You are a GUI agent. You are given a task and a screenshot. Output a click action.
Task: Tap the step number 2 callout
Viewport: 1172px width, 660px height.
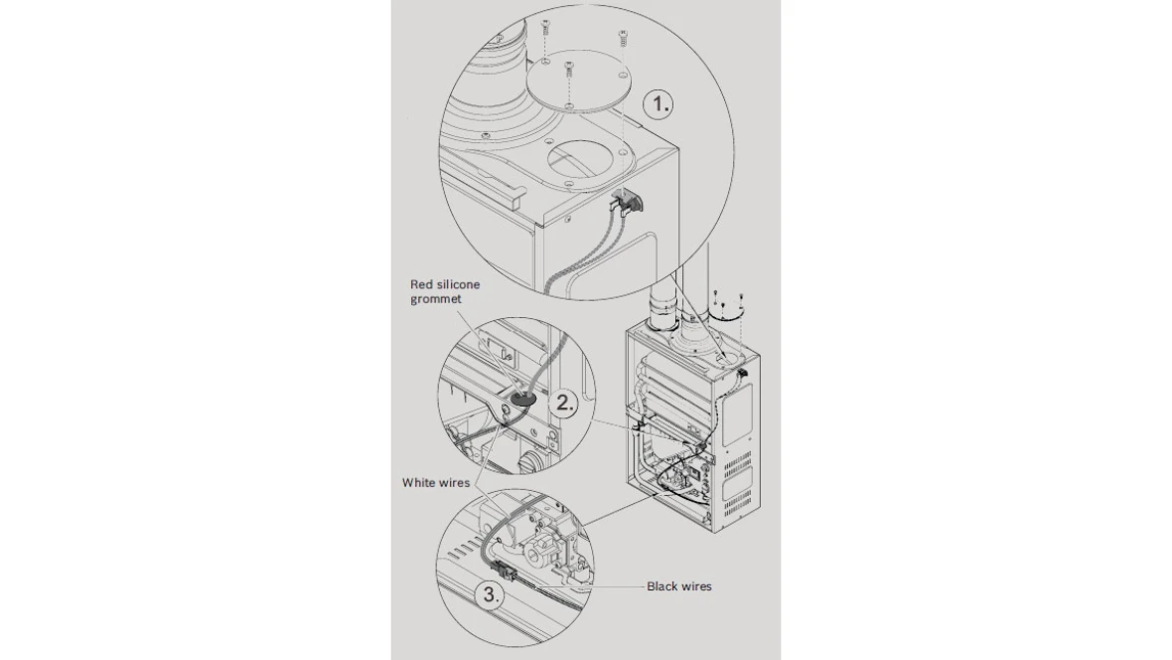(x=564, y=404)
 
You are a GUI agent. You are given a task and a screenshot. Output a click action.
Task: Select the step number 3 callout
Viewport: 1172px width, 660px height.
(x=491, y=595)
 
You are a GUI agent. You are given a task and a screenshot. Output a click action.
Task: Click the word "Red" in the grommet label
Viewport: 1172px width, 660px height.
(x=421, y=284)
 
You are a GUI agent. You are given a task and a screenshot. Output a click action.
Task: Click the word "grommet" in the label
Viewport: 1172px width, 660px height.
(x=436, y=299)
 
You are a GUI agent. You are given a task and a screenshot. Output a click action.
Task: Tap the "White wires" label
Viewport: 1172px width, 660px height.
(x=436, y=483)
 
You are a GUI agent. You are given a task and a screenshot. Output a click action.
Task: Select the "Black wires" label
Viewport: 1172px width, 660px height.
(x=679, y=586)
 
